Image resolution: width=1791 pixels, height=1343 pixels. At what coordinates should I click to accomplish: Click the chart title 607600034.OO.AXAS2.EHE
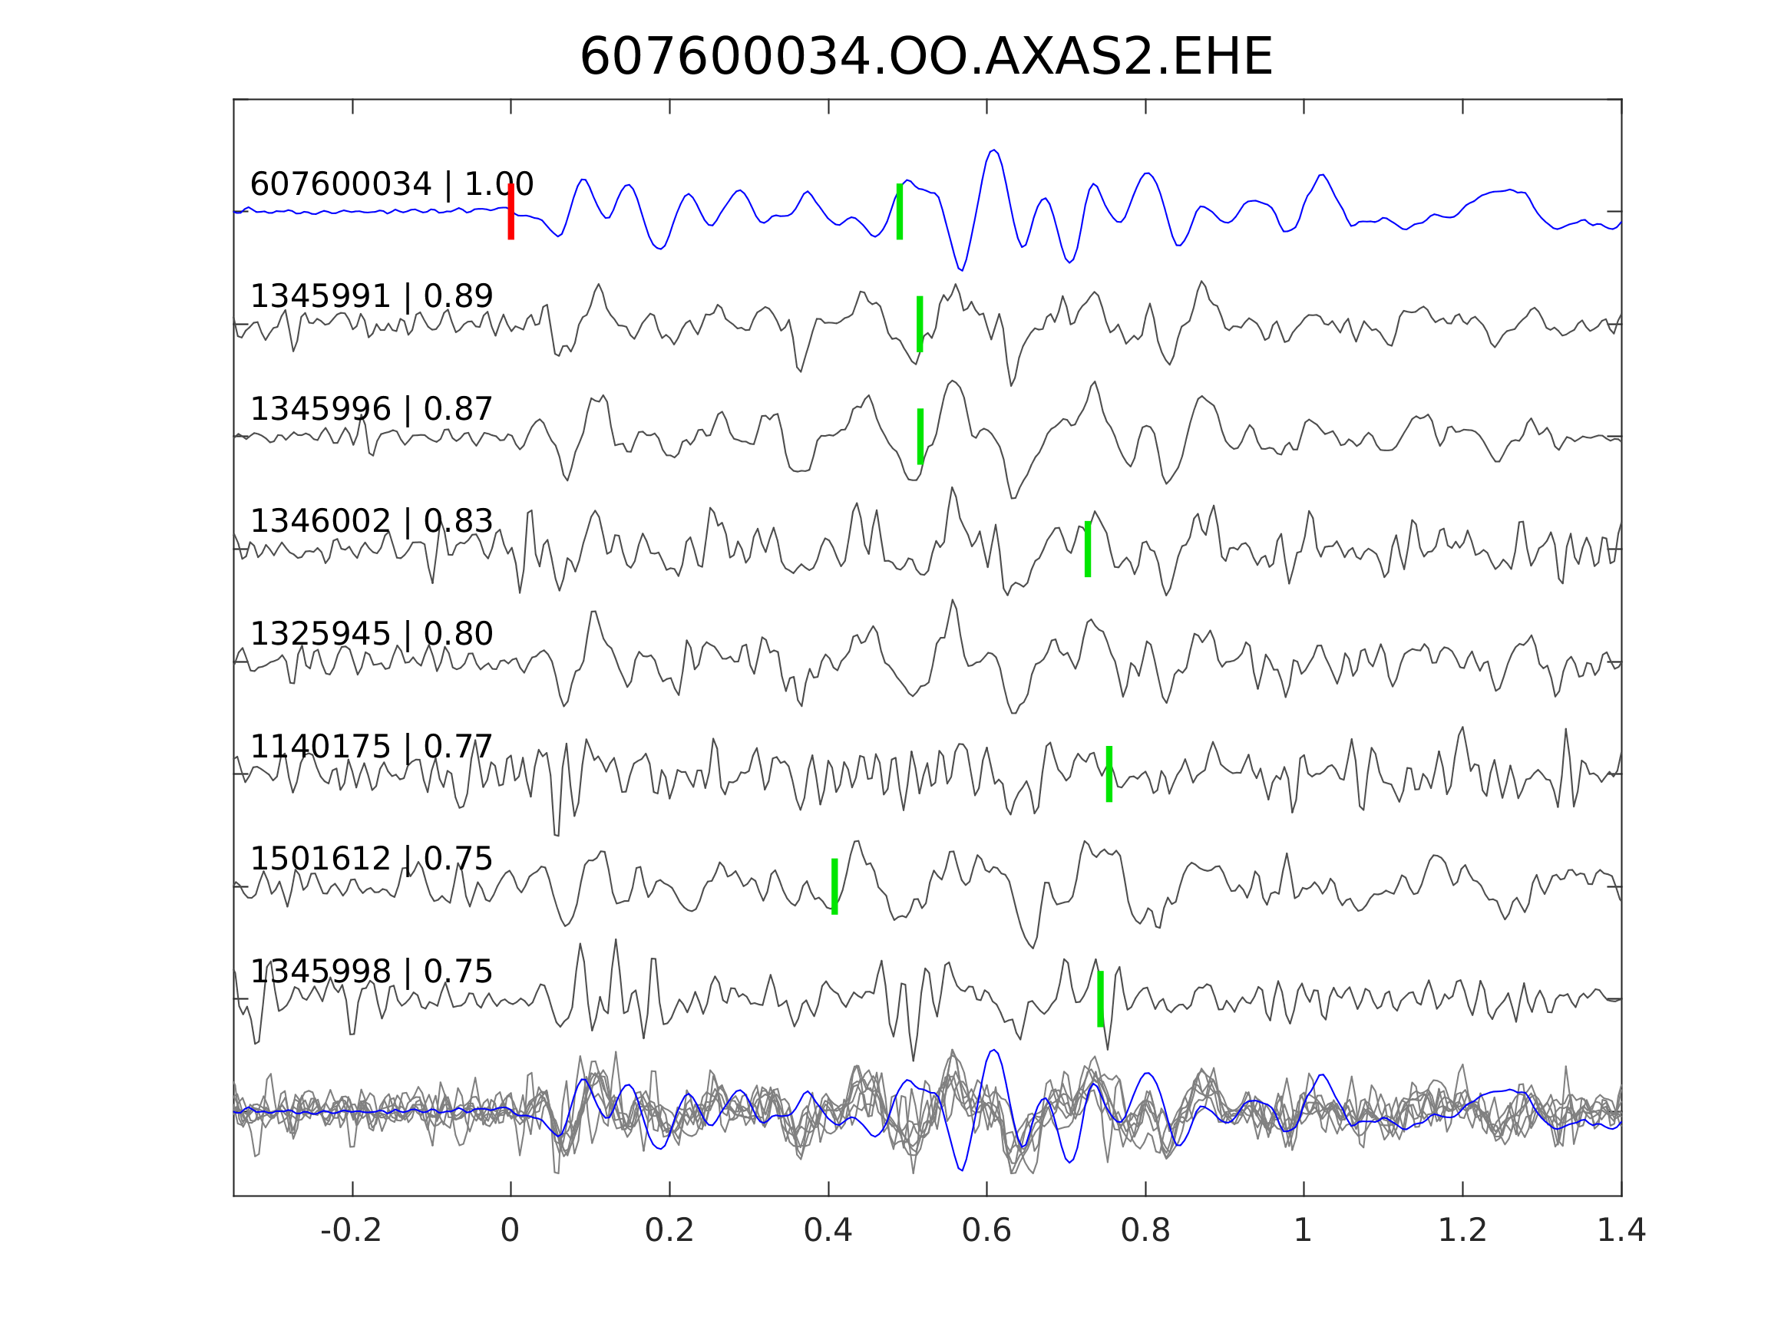pos(926,58)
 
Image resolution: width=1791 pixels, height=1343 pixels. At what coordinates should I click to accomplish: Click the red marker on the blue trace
pos(511,211)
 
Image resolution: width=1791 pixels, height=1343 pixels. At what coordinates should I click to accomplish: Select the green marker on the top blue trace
pos(900,211)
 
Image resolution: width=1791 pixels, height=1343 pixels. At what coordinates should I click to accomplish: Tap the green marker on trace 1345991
pos(920,324)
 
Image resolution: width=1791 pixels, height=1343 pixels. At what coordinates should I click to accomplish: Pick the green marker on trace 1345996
pos(920,437)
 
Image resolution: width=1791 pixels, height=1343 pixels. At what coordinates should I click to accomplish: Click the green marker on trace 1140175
pos(1109,774)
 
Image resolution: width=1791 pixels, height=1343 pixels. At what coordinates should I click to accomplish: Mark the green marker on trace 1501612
pos(834,886)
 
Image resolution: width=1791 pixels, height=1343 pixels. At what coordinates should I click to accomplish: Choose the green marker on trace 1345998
pos(1100,999)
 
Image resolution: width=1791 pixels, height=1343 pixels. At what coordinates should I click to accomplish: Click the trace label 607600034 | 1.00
pos(392,185)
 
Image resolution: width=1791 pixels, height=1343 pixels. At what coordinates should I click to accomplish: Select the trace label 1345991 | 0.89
pos(372,297)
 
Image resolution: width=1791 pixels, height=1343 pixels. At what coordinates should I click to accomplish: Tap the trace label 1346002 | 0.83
pos(372,521)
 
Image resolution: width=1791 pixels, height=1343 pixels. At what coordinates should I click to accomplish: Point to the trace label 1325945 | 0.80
pos(372,634)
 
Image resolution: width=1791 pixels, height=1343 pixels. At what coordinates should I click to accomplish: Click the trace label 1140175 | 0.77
pos(372,747)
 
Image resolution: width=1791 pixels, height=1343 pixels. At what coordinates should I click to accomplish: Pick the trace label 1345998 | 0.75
pos(372,972)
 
